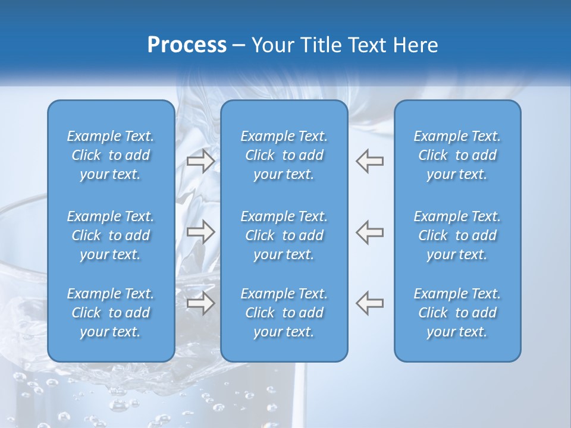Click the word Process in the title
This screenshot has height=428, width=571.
pyautogui.click(x=187, y=45)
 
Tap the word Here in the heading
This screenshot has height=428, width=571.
pyautogui.click(x=415, y=45)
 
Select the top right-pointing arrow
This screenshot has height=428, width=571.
pyautogui.click(x=200, y=161)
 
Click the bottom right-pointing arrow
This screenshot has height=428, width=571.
pyautogui.click(x=200, y=303)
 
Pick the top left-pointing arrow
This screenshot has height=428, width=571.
pyautogui.click(x=370, y=161)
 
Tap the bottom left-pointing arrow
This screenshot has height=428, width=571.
pyautogui.click(x=370, y=303)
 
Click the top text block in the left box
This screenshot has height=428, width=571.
pyautogui.click(x=111, y=155)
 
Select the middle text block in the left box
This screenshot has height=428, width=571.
pyautogui.click(x=111, y=235)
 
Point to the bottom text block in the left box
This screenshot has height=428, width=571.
pyautogui.click(x=111, y=313)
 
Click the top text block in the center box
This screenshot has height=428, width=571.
pyautogui.click(x=284, y=155)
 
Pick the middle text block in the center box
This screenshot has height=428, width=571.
pyautogui.click(x=284, y=235)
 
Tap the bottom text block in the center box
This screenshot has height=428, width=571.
pyautogui.click(x=284, y=313)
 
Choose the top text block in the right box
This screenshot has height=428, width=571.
pyautogui.click(x=457, y=155)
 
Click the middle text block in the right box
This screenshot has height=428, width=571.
pyautogui.click(x=457, y=235)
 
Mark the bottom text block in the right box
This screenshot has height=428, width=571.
pyautogui.click(x=457, y=313)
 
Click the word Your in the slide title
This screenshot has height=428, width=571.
pyautogui.click(x=271, y=45)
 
